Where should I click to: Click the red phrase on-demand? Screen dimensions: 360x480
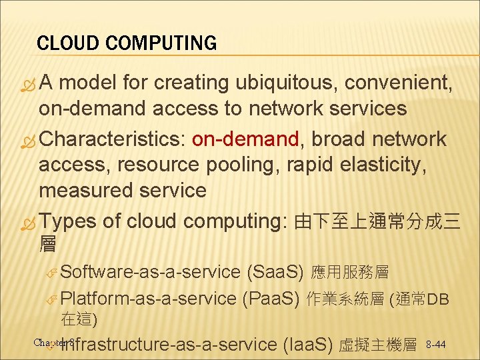click(245, 139)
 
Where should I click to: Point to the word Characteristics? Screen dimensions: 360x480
click(112, 139)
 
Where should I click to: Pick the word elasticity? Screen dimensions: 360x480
click(387, 165)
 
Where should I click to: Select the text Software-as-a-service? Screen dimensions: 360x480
click(150, 272)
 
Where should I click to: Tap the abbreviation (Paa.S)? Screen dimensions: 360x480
click(270, 298)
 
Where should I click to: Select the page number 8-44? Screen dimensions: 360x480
click(436, 345)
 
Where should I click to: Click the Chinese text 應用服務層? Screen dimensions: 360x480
click(351, 272)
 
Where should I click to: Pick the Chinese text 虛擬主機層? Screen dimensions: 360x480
click(378, 345)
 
